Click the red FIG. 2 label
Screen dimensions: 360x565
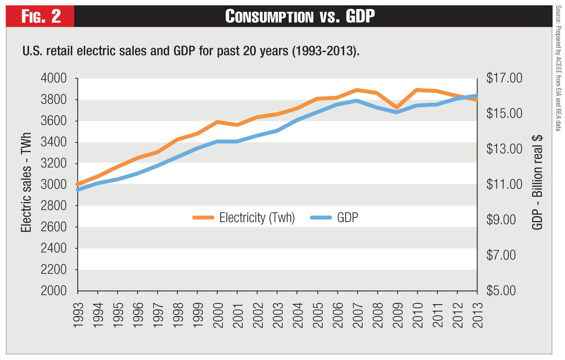click(x=41, y=16)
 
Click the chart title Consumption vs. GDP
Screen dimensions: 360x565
click(x=300, y=16)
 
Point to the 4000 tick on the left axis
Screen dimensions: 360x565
click(x=53, y=78)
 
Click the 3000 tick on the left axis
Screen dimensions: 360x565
click(x=53, y=184)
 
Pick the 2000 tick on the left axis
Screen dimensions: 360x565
click(x=53, y=291)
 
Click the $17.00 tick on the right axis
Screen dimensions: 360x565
click(x=504, y=78)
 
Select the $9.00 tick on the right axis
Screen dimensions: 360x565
click(x=501, y=220)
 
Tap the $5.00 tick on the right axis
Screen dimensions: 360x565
click(x=501, y=291)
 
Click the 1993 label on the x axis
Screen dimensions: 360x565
click(x=78, y=315)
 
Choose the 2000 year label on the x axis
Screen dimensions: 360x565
click(x=218, y=315)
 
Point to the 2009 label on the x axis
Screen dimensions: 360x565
click(x=397, y=315)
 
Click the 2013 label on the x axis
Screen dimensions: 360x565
click(x=477, y=315)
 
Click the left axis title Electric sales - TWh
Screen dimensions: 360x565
click(x=26, y=183)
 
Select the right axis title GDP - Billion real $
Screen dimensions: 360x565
click(x=537, y=183)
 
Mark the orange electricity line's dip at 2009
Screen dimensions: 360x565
click(x=397, y=107)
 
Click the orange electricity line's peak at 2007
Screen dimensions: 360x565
click(x=357, y=90)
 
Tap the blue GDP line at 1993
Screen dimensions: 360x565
click(x=78, y=190)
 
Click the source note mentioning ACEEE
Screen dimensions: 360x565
click(x=558, y=68)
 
